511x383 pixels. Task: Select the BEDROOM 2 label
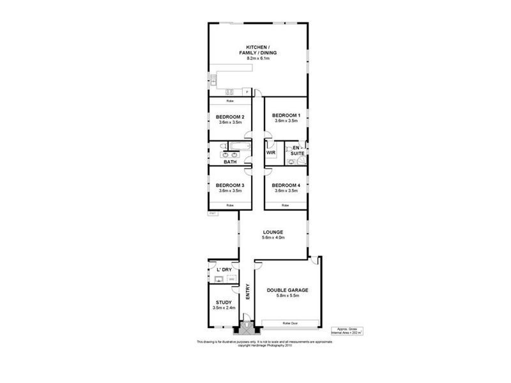(x=230, y=117)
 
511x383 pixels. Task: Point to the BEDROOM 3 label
(x=230, y=185)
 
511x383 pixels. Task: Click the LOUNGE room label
(x=273, y=232)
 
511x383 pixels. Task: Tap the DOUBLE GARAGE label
(x=287, y=290)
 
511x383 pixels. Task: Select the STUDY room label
(x=224, y=303)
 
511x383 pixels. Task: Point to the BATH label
(x=230, y=162)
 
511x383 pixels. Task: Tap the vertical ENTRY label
(x=248, y=292)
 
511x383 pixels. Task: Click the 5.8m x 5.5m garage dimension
(x=287, y=296)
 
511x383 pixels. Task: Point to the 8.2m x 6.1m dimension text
(x=258, y=58)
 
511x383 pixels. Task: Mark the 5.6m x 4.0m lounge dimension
(x=273, y=237)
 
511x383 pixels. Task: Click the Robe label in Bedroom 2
(x=230, y=102)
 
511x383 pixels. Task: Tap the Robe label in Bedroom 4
(x=286, y=205)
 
